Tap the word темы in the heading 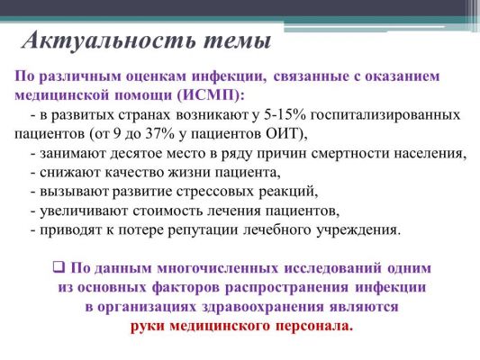click(237, 41)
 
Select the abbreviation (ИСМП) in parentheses click(207, 94)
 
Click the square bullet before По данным click(59, 266)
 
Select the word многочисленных click(218, 268)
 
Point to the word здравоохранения click(262, 307)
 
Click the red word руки click(148, 326)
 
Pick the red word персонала click(314, 326)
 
